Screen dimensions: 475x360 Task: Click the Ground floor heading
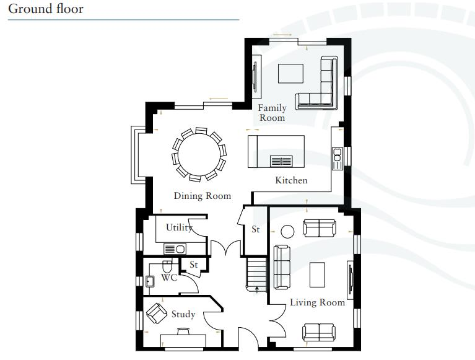click(46, 9)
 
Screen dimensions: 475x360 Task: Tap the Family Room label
click(272, 113)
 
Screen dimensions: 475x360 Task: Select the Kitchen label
click(291, 180)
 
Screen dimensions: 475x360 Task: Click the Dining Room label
click(203, 196)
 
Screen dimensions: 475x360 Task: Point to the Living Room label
click(317, 302)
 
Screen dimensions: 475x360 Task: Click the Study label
click(183, 314)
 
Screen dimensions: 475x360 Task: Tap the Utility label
click(179, 227)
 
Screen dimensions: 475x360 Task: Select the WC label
click(169, 277)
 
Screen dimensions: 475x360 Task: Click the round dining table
click(199, 154)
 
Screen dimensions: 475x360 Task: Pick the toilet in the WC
click(167, 266)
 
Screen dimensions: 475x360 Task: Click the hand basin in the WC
click(150, 281)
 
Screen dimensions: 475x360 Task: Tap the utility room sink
click(175, 249)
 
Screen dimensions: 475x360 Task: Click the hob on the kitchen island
click(281, 161)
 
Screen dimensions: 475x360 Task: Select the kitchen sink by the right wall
click(337, 159)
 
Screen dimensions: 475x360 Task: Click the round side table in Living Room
click(287, 232)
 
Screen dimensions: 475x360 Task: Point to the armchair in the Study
click(157, 314)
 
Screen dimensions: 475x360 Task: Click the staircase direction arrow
click(257, 290)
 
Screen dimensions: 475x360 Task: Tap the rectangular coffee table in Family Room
click(291, 73)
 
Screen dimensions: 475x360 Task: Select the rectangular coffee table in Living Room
click(317, 275)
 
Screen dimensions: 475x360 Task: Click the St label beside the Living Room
click(256, 229)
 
